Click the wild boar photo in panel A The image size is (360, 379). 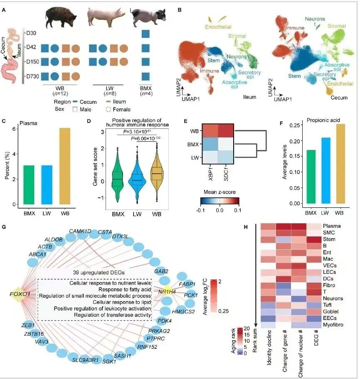(x=61, y=17)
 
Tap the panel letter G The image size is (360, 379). (x=4, y=227)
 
